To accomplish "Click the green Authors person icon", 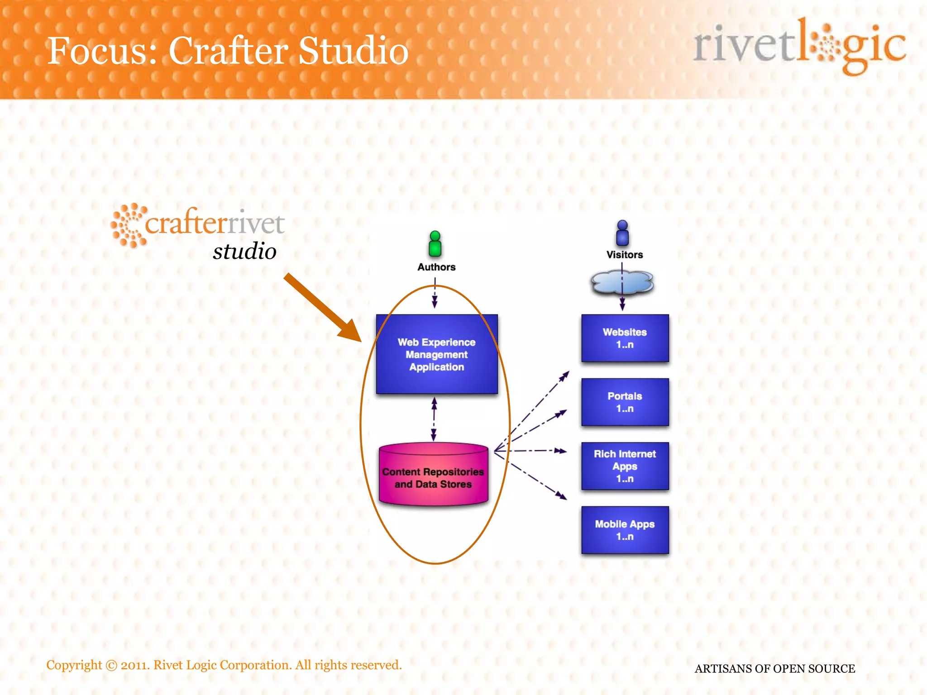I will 435,244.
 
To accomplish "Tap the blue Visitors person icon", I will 622,233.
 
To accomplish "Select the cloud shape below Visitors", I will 622,283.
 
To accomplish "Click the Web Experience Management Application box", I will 437,354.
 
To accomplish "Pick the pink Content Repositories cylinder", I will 433,475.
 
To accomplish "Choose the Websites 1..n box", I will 625,338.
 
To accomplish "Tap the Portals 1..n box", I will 625,402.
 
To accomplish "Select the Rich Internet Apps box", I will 625,466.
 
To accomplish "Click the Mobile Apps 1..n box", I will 625,530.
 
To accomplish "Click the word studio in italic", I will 244,251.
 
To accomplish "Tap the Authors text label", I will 436,267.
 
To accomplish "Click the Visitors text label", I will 625,255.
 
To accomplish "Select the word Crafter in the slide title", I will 229,51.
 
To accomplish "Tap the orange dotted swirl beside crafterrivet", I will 129,225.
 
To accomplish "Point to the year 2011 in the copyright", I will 135,665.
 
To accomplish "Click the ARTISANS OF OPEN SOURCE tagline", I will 775,668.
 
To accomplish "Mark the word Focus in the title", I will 102,51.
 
